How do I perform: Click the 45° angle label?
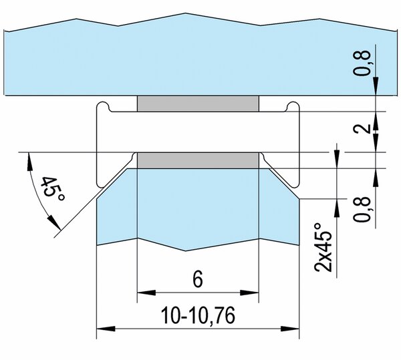(53, 189)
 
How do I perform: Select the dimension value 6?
(198, 279)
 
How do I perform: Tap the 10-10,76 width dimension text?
(198, 316)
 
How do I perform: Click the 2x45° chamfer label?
(323, 247)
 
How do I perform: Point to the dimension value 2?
(362, 128)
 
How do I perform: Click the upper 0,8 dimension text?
(362, 63)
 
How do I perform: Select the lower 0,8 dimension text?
(362, 209)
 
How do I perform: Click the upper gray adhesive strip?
(198, 104)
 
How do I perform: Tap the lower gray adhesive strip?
(198, 160)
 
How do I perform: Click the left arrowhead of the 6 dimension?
(146, 293)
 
